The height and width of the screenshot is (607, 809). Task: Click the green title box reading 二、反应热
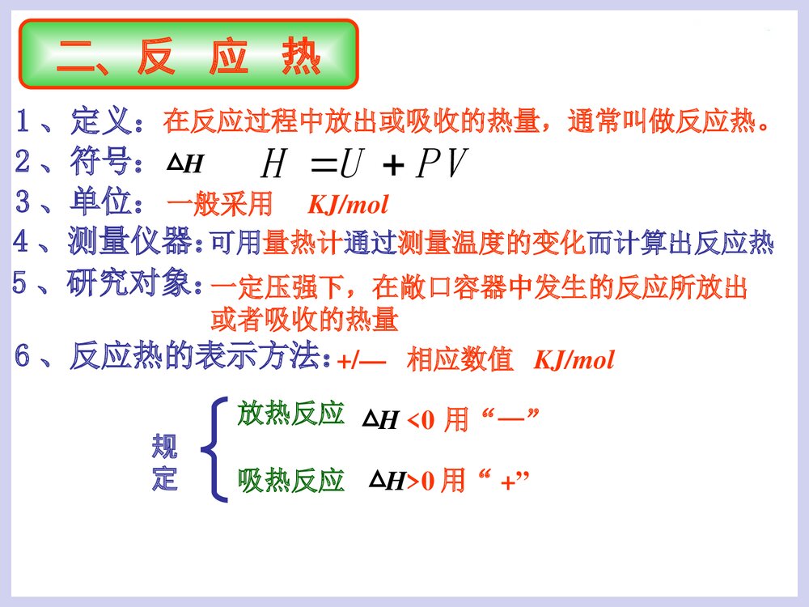coord(188,56)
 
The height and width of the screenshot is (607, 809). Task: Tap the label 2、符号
coord(80,163)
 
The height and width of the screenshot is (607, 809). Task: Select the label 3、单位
coord(80,202)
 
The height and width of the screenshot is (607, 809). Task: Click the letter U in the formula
coord(350,166)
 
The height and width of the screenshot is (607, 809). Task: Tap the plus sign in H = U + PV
coord(393,167)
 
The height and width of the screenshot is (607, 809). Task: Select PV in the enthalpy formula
coord(441,166)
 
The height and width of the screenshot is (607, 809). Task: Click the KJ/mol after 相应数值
coord(574,360)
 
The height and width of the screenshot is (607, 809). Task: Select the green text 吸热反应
coord(291,481)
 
